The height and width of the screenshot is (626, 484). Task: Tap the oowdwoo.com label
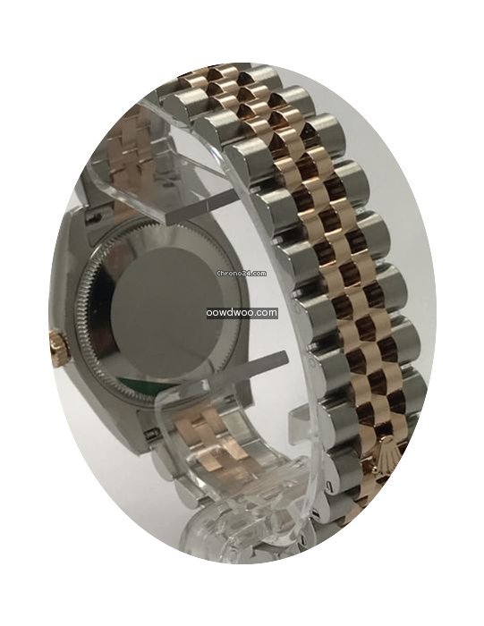242,313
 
